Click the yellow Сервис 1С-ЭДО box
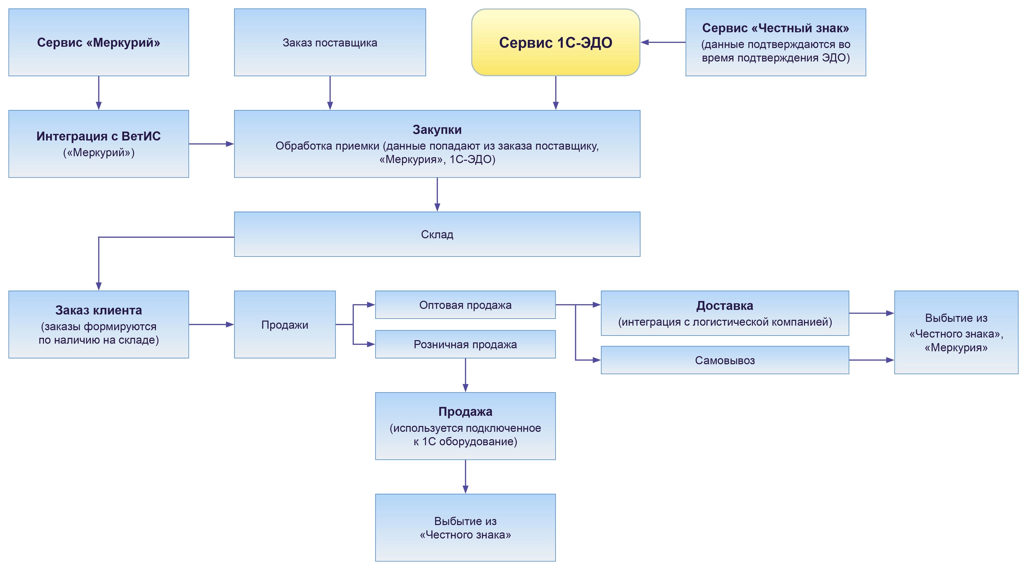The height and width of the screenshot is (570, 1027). point(555,42)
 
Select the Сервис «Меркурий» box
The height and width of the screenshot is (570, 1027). point(98,42)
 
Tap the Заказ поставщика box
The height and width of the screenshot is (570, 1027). point(330,42)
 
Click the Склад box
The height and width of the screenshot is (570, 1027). point(437,234)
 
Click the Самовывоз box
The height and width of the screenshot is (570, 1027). point(724,360)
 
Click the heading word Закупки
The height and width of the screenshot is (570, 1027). point(437,130)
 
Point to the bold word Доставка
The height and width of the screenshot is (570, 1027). point(724,306)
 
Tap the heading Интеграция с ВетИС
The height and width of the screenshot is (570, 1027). point(98,136)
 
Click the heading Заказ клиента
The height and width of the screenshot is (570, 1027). point(98,310)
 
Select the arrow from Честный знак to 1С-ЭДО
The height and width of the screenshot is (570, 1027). point(663,42)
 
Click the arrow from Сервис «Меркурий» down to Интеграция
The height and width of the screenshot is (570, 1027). point(98,92)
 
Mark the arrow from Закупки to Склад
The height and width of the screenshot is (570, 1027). point(437,194)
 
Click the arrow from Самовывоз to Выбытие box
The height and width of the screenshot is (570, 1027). point(871,360)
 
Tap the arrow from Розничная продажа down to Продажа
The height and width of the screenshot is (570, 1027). point(465,375)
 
